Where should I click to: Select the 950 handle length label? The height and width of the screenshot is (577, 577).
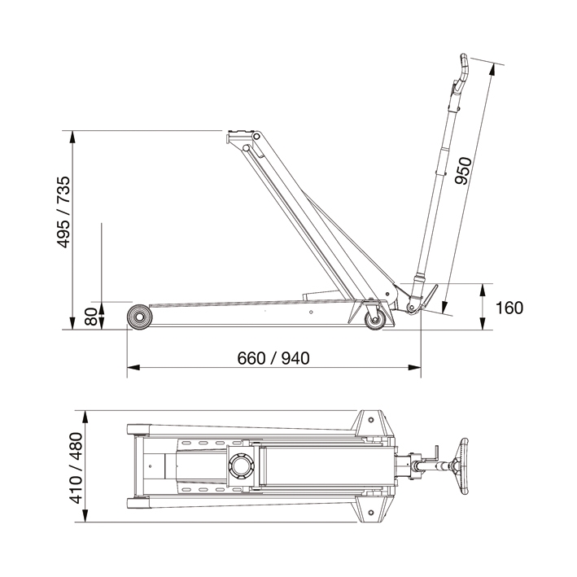(x=463, y=170)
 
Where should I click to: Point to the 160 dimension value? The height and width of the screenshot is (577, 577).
(x=508, y=308)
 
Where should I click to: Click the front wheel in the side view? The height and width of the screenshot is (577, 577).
(x=139, y=317)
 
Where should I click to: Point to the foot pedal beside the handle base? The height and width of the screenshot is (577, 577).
(x=427, y=293)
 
